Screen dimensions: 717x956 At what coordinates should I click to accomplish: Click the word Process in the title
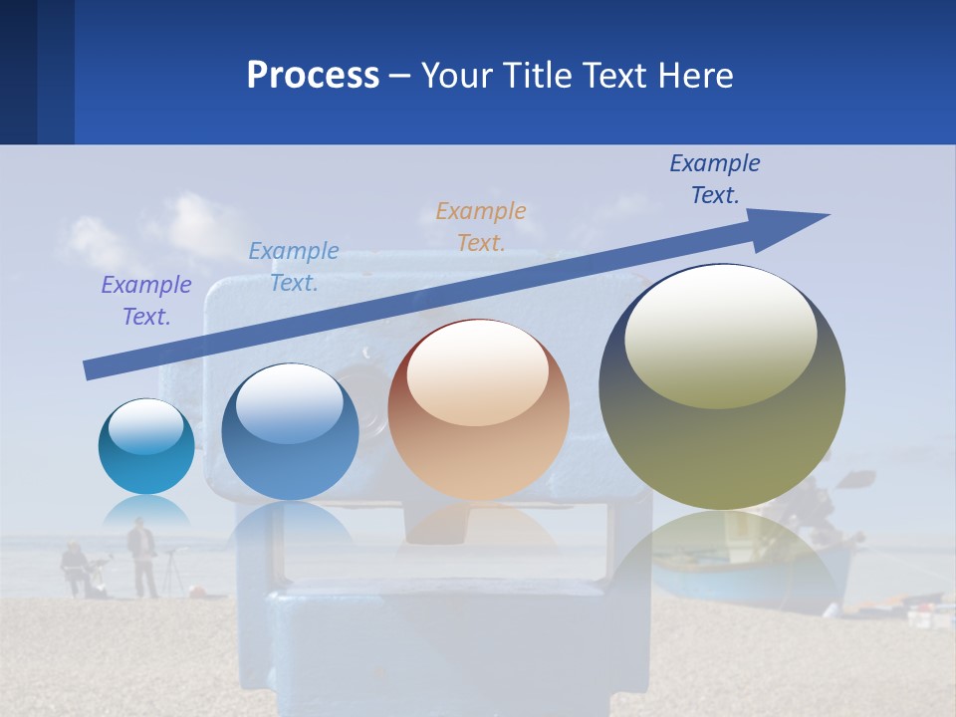313,76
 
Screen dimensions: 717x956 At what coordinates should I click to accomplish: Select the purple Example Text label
146,301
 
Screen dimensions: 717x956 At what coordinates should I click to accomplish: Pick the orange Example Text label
481,227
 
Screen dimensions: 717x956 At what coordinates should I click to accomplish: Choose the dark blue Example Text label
715,179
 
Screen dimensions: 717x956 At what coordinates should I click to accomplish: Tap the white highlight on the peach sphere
477,373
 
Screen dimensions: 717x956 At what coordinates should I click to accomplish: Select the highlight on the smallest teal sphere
145,426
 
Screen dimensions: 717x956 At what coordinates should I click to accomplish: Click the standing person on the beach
142,558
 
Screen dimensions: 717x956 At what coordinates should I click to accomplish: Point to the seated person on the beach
75,569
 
